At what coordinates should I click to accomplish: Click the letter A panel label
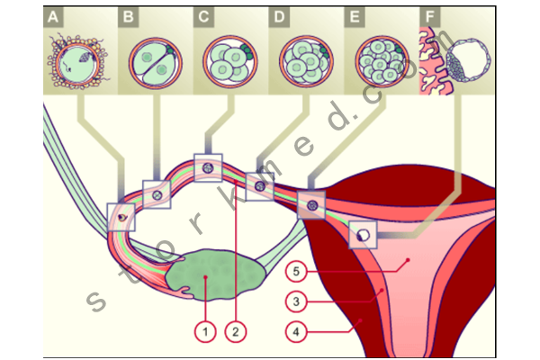pos(56,16)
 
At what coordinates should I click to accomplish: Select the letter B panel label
pos(129,16)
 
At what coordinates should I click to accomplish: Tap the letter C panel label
pos(205,16)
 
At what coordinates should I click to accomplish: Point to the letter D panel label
pos(281,16)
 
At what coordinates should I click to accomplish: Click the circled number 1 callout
pos(205,331)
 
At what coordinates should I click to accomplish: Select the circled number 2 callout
pos(237,331)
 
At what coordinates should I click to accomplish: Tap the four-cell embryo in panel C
pos(229,60)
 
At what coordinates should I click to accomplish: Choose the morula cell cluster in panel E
pos(381,60)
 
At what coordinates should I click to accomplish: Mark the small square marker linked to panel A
pos(121,217)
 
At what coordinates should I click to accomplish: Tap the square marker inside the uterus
pos(363,234)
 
